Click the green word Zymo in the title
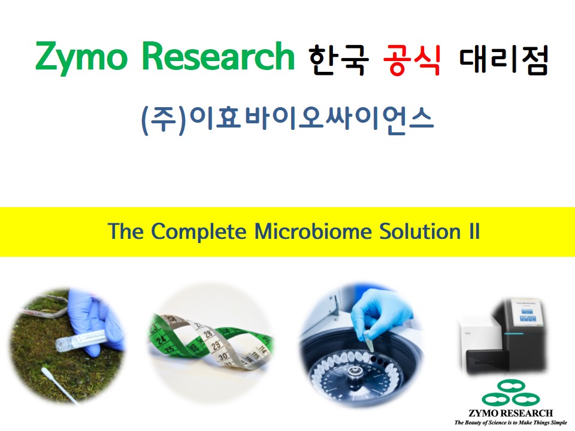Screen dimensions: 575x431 click(x=81, y=57)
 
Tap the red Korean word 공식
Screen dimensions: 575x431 click(x=411, y=59)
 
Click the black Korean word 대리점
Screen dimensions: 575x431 click(x=504, y=59)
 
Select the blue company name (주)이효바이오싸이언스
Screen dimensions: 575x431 click(x=287, y=120)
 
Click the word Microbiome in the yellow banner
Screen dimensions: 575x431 click(x=313, y=231)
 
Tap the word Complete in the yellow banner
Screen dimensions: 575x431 click(x=199, y=232)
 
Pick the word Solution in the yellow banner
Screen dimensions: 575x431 click(x=420, y=231)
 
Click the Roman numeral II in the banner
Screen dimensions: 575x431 click(x=474, y=231)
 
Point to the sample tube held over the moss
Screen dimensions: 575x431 click(x=81, y=339)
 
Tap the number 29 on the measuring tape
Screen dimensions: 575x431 click(x=216, y=345)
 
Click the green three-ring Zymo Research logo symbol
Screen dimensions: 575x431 click(x=510, y=393)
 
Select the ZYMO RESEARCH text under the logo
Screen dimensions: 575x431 click(x=511, y=413)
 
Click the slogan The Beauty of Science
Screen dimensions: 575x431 click(x=510, y=423)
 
